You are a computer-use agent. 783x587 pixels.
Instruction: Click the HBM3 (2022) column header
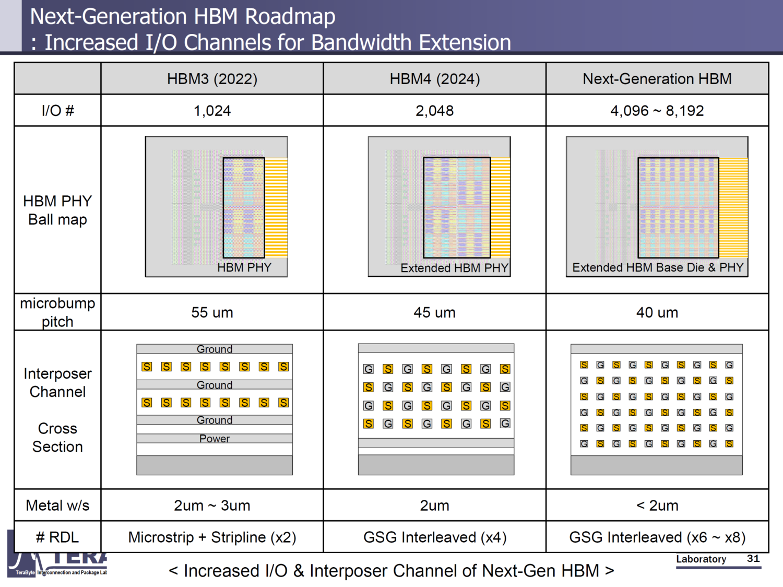[212, 79]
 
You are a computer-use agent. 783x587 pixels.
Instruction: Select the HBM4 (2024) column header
[434, 79]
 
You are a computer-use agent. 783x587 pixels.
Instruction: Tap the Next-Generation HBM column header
[657, 79]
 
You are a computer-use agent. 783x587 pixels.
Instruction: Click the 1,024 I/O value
[212, 111]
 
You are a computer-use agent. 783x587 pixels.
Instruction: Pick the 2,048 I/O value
[434, 111]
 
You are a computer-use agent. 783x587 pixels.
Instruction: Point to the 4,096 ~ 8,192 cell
[657, 111]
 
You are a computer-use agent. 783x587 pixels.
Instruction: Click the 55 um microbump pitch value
[212, 312]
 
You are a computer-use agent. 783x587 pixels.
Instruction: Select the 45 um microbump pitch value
[434, 312]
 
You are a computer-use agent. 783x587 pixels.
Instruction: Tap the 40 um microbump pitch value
[657, 312]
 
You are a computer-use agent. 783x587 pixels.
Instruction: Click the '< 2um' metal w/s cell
[657, 506]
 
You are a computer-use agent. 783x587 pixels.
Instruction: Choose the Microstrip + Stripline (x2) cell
[212, 537]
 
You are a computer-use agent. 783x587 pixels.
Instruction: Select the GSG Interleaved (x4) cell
[434, 537]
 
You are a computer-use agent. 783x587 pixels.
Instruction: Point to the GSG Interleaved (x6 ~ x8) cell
[657, 537]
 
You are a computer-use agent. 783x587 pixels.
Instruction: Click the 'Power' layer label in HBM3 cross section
[215, 439]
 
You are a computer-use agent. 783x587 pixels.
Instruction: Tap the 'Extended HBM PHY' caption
[454, 268]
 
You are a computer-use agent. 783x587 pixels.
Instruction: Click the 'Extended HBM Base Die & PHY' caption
[657, 267]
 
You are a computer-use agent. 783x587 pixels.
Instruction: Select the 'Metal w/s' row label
[57, 506]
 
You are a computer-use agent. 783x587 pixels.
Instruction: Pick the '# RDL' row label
[57, 537]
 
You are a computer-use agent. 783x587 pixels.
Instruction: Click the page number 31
[753, 558]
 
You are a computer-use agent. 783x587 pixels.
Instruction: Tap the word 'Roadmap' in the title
[290, 17]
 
